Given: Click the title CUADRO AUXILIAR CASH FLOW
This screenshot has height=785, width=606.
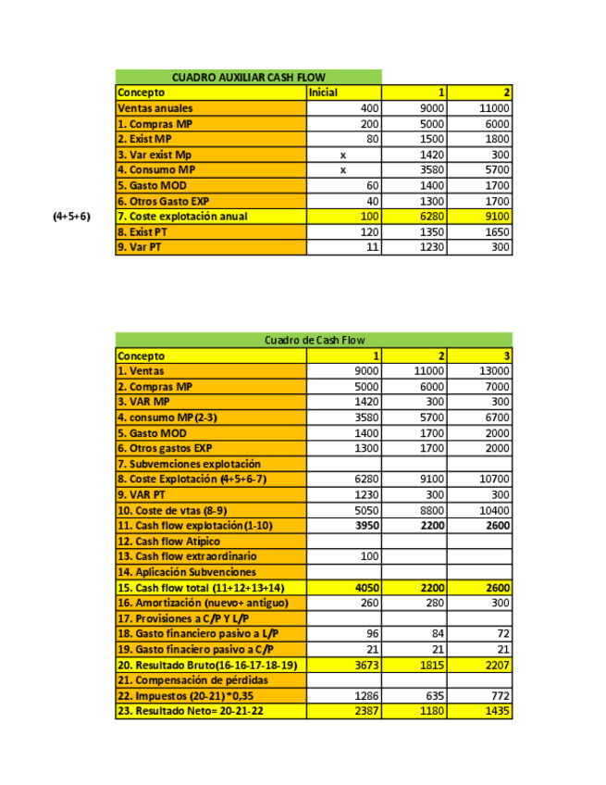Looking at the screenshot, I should coord(248,77).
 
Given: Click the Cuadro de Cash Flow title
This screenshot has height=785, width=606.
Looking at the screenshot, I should coord(314,340).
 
